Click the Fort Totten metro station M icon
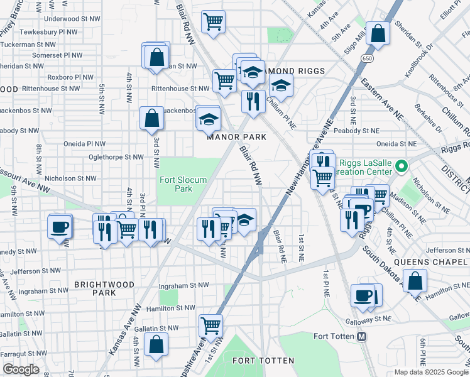click(361, 336)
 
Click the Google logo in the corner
click(21, 369)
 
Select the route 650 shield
click(366, 58)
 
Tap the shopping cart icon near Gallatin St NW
click(210, 325)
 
